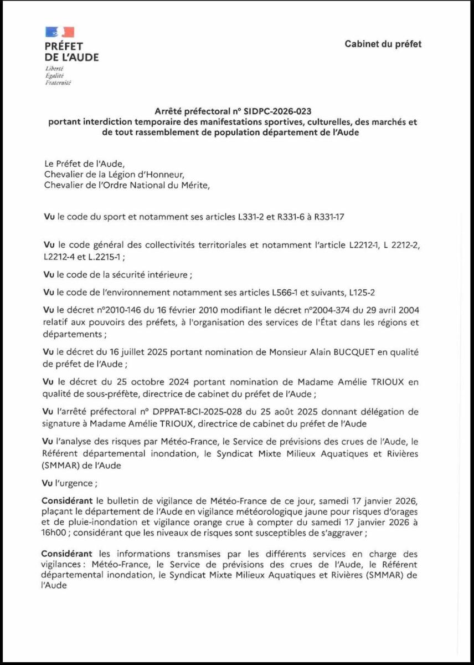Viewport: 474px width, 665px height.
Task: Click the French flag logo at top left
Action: tap(60, 32)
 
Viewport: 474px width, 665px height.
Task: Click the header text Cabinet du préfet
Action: tap(383, 44)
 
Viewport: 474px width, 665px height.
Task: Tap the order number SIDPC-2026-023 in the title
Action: tap(287, 111)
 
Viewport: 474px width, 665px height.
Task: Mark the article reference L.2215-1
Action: tap(106, 257)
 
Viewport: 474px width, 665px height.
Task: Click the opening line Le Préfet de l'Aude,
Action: tap(81, 164)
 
